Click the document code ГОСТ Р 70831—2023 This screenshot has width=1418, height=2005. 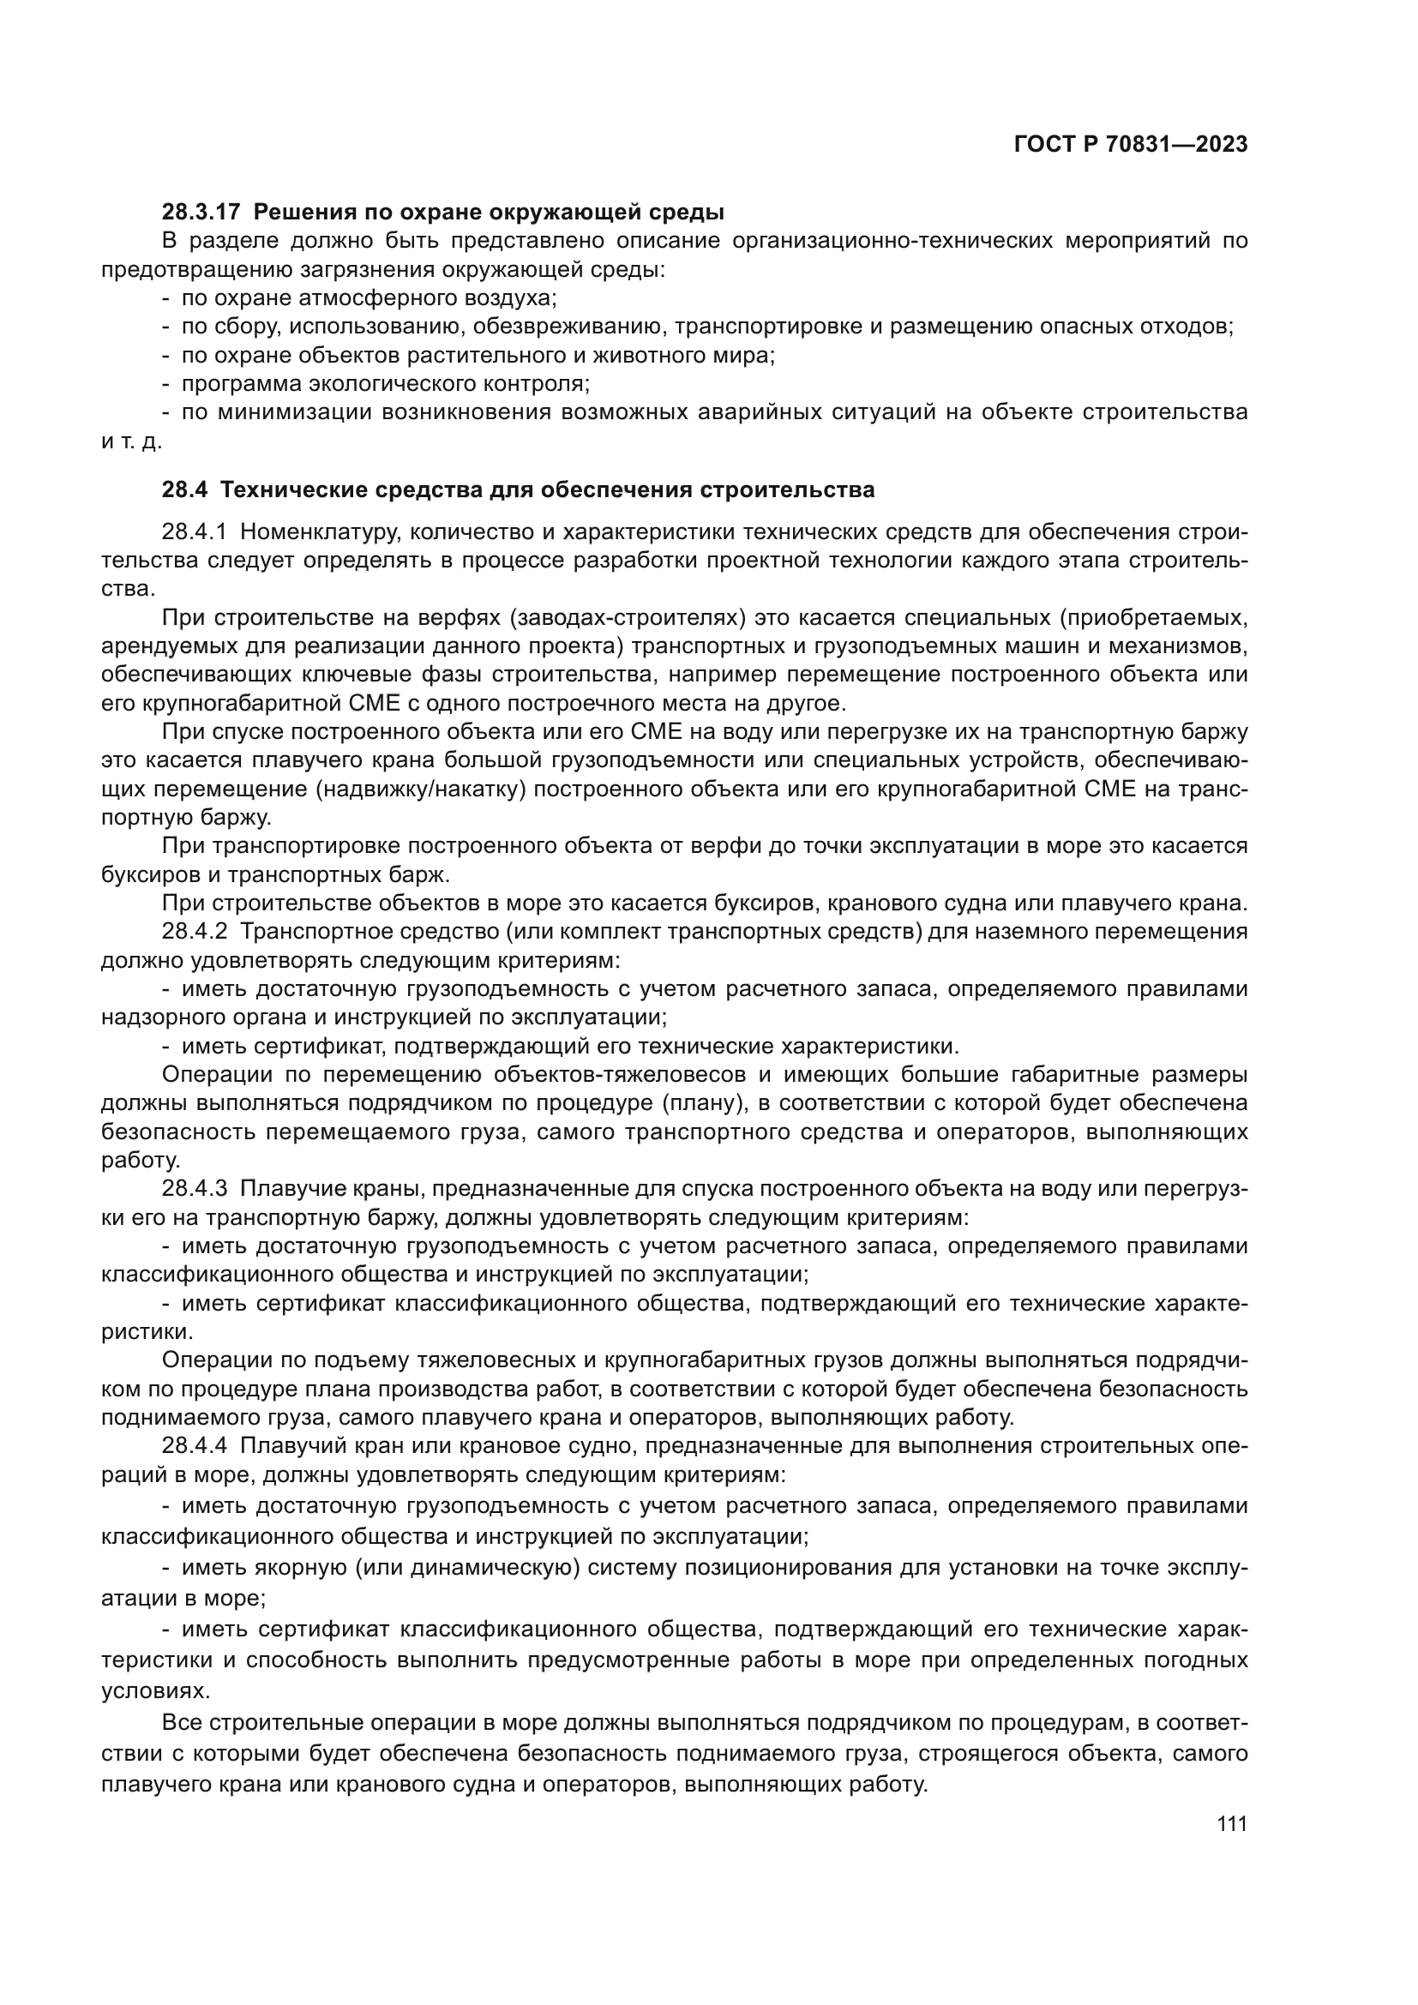tap(1130, 145)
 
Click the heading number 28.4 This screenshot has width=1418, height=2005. tap(184, 490)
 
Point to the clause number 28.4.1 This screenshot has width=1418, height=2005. tap(194, 531)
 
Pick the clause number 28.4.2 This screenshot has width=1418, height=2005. tap(194, 932)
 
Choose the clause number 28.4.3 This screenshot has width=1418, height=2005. tap(194, 1190)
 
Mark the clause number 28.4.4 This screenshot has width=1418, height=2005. tap(194, 1446)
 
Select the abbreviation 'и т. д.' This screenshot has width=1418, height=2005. tap(131, 441)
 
